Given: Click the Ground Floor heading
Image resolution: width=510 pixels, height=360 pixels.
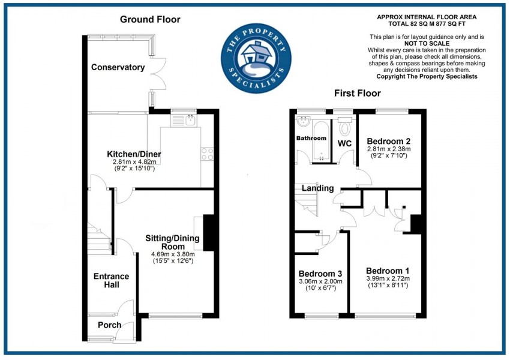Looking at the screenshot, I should tap(150, 19).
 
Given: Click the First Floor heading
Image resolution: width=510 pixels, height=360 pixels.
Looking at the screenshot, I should tap(358, 93).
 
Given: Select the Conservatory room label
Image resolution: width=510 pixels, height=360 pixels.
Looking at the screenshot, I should tap(118, 67).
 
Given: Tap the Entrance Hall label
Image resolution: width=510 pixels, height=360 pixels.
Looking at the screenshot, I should tap(111, 280).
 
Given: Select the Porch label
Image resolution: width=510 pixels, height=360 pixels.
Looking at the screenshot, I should tap(110, 325).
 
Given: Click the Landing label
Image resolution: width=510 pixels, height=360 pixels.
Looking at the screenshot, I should tap(317, 188).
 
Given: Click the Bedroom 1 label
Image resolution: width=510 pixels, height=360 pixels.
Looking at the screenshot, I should tap(387, 269).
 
